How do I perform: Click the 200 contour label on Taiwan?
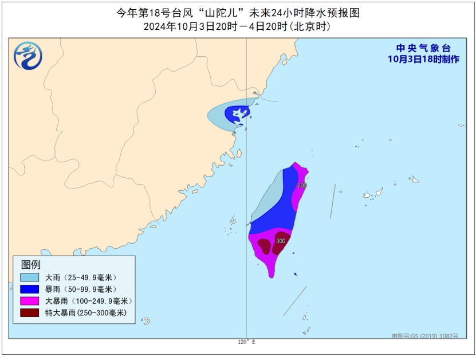click(302, 185)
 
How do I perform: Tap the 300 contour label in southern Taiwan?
click(280, 241)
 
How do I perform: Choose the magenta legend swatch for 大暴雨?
click(29, 301)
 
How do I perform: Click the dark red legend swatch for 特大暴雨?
click(29, 313)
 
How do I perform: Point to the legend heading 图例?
click(31, 264)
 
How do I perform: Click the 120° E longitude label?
click(246, 342)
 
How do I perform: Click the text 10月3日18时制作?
click(423, 59)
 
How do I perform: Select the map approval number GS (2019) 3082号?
click(425, 336)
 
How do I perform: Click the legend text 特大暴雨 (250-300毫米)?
click(85, 313)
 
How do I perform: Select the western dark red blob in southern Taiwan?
click(264, 246)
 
